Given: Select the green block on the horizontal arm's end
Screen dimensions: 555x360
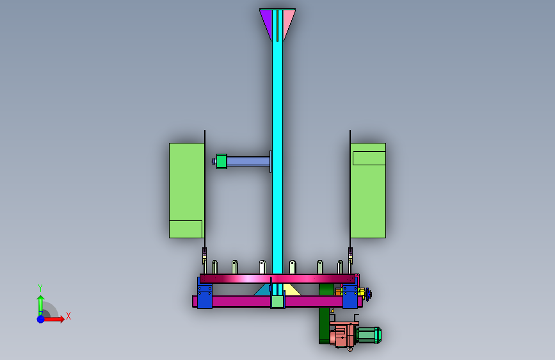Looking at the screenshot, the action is click(221, 161).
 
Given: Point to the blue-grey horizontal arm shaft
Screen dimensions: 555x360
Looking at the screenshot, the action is click(248, 161).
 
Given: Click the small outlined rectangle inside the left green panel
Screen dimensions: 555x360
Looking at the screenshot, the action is click(186, 229).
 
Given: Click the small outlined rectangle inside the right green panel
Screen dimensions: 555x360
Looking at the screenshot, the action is click(369, 158).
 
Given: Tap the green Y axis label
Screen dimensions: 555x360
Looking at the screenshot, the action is click(40, 288).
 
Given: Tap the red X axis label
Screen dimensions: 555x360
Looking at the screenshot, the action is click(68, 316).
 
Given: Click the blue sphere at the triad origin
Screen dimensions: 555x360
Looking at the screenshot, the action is click(41, 319).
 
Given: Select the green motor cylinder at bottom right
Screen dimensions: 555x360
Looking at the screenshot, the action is click(369, 335).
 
